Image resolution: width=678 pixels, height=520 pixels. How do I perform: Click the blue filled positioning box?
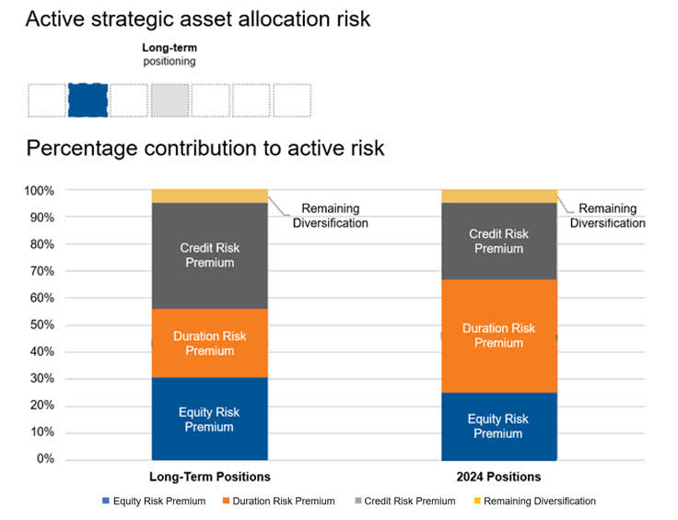pyautogui.click(x=88, y=100)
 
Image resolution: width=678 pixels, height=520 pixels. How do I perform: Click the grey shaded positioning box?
pyautogui.click(x=169, y=100)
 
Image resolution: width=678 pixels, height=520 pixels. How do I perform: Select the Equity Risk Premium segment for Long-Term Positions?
pyautogui.click(x=209, y=419)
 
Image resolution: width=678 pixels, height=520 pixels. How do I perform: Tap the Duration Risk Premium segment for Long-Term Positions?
pyautogui.click(x=209, y=343)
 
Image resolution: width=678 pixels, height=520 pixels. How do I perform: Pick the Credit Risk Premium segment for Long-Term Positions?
pyautogui.click(x=209, y=255)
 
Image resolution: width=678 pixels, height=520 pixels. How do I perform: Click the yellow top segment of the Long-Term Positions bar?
pyautogui.click(x=209, y=196)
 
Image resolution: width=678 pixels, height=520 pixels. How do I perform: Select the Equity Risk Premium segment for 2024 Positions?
pyautogui.click(x=498, y=425)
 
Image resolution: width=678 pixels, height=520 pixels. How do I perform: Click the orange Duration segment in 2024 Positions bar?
pyautogui.click(x=498, y=336)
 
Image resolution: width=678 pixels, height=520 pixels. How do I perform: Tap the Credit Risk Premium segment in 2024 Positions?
pyautogui.click(x=498, y=241)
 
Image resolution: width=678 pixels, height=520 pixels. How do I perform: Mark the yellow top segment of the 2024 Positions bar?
pyautogui.click(x=498, y=196)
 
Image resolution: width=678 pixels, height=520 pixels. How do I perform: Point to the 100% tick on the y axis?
pyautogui.click(x=41, y=191)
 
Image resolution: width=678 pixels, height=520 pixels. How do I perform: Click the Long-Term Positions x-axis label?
pyautogui.click(x=210, y=477)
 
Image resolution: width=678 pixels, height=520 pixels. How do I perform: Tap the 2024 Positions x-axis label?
pyautogui.click(x=498, y=477)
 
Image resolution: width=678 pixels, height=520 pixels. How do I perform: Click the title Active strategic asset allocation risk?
pyautogui.click(x=198, y=18)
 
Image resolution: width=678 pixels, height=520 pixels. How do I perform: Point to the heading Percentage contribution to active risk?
pyautogui.click(x=205, y=148)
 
